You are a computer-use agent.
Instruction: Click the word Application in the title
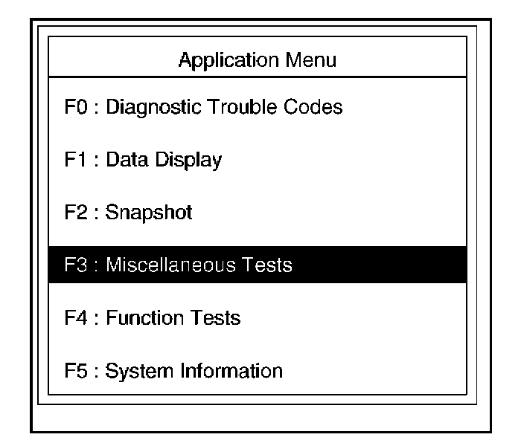(223, 60)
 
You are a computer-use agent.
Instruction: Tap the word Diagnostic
(148, 107)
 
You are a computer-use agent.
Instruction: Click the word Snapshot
(149, 213)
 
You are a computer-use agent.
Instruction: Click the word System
(132, 371)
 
